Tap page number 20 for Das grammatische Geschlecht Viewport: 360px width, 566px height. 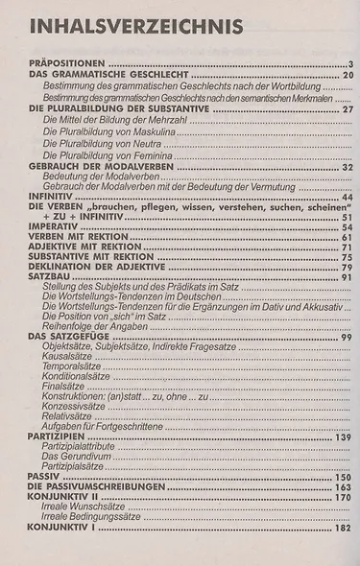(x=348, y=75)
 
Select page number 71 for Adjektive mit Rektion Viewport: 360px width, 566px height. (x=348, y=248)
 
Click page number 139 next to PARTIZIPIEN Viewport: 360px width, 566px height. (x=344, y=436)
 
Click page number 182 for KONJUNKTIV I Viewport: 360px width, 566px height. (x=344, y=527)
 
